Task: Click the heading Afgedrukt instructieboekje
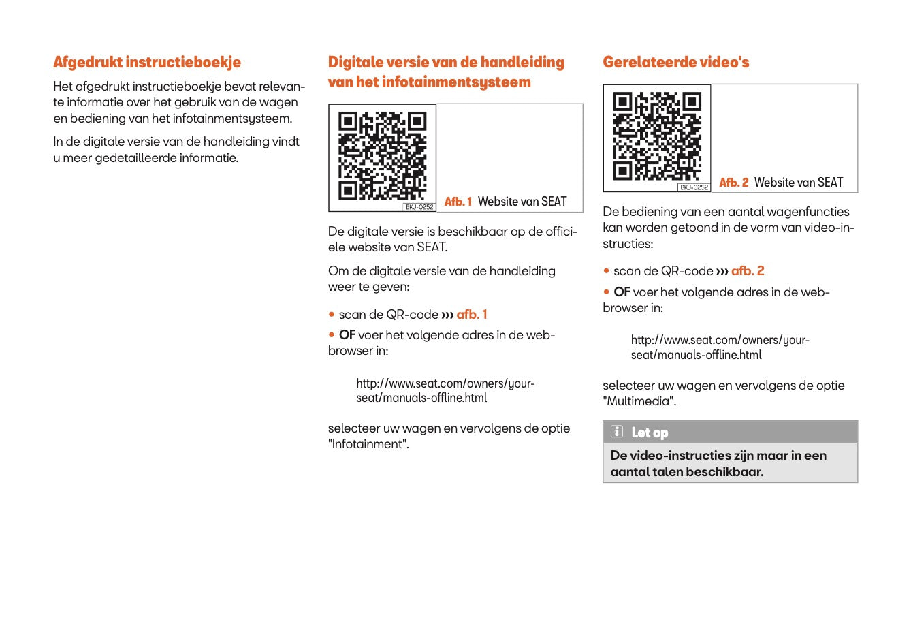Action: [147, 63]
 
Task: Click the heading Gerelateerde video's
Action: [675, 63]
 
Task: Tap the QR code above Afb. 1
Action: [382, 157]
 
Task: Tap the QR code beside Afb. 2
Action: [656, 136]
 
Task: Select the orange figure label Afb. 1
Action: [458, 202]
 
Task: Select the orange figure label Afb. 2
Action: [733, 183]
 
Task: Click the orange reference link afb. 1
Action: [472, 315]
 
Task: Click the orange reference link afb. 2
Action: [748, 271]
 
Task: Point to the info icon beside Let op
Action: [617, 432]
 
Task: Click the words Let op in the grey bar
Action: [650, 433]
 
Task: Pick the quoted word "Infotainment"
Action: [368, 444]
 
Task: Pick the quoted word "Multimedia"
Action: [639, 401]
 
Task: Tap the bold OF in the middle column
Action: [347, 335]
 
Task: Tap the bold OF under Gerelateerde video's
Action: [622, 292]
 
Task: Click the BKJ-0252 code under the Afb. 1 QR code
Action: [419, 207]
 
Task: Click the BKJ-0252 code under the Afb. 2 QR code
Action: [694, 187]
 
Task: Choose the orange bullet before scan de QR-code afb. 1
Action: [332, 315]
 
